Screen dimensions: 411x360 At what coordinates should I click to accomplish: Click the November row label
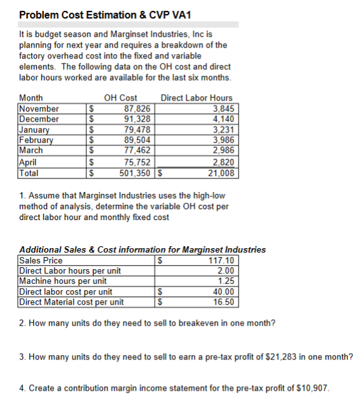[x=39, y=108]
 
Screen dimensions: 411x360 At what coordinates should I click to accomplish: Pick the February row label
[x=36, y=140]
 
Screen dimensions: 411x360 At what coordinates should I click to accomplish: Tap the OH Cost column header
[x=120, y=98]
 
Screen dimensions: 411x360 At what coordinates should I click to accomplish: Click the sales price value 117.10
[x=221, y=260]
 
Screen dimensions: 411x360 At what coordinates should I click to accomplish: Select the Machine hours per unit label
[x=63, y=281]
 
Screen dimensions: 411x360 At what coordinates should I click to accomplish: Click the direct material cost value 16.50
[x=223, y=302]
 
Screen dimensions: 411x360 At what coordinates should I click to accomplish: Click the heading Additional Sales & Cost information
[x=105, y=249]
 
